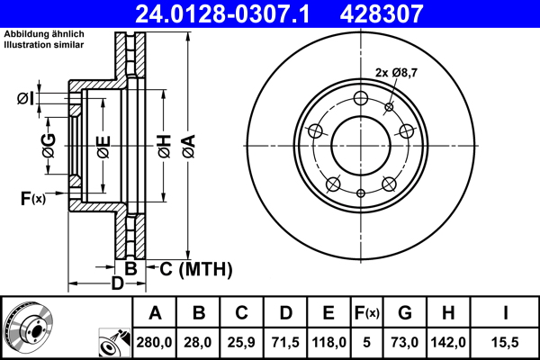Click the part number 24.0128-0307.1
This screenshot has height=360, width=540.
[230, 13]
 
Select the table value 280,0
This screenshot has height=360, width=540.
[156, 343]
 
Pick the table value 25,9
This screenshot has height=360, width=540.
[242, 343]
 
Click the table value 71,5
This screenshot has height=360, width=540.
[285, 343]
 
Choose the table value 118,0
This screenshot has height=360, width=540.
[328, 343]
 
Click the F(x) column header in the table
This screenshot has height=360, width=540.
[366, 312]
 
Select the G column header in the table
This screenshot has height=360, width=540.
[405, 312]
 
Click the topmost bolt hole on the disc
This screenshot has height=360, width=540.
[361, 99]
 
